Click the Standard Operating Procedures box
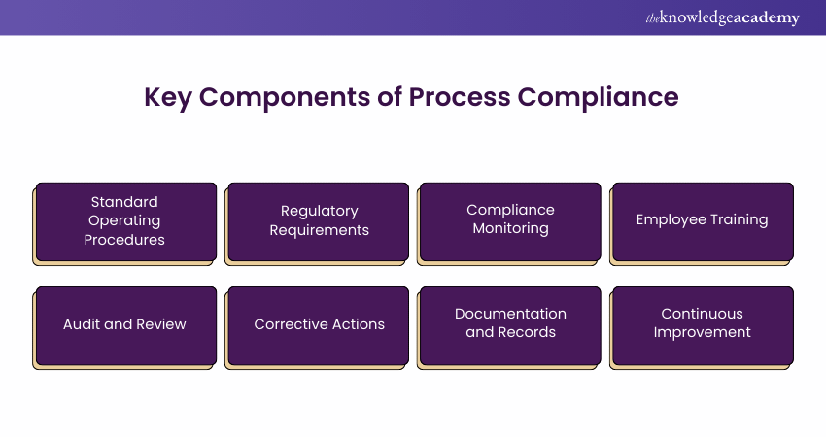[x=125, y=220]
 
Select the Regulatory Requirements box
[x=319, y=220]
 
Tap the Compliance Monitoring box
[x=510, y=220]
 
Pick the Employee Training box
[x=702, y=220]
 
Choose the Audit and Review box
[x=125, y=324]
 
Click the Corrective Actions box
[x=319, y=324]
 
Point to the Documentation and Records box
[x=510, y=324]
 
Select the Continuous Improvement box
[x=702, y=324]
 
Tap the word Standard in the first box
[x=124, y=202]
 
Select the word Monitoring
[x=510, y=229]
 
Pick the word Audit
[x=84, y=324]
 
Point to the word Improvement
[x=702, y=332]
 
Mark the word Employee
[x=670, y=220]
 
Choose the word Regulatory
[x=319, y=211]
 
